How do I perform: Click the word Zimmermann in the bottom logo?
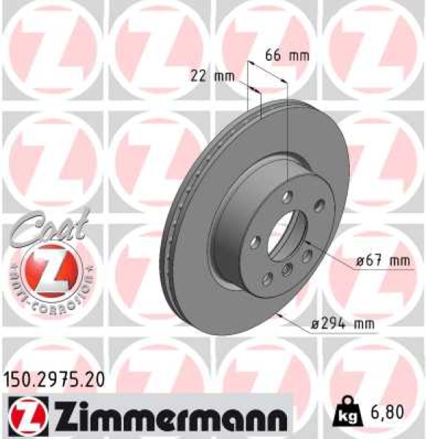pyautogui.click(x=171, y=417)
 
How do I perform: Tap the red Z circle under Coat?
pyautogui.click(x=45, y=267)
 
